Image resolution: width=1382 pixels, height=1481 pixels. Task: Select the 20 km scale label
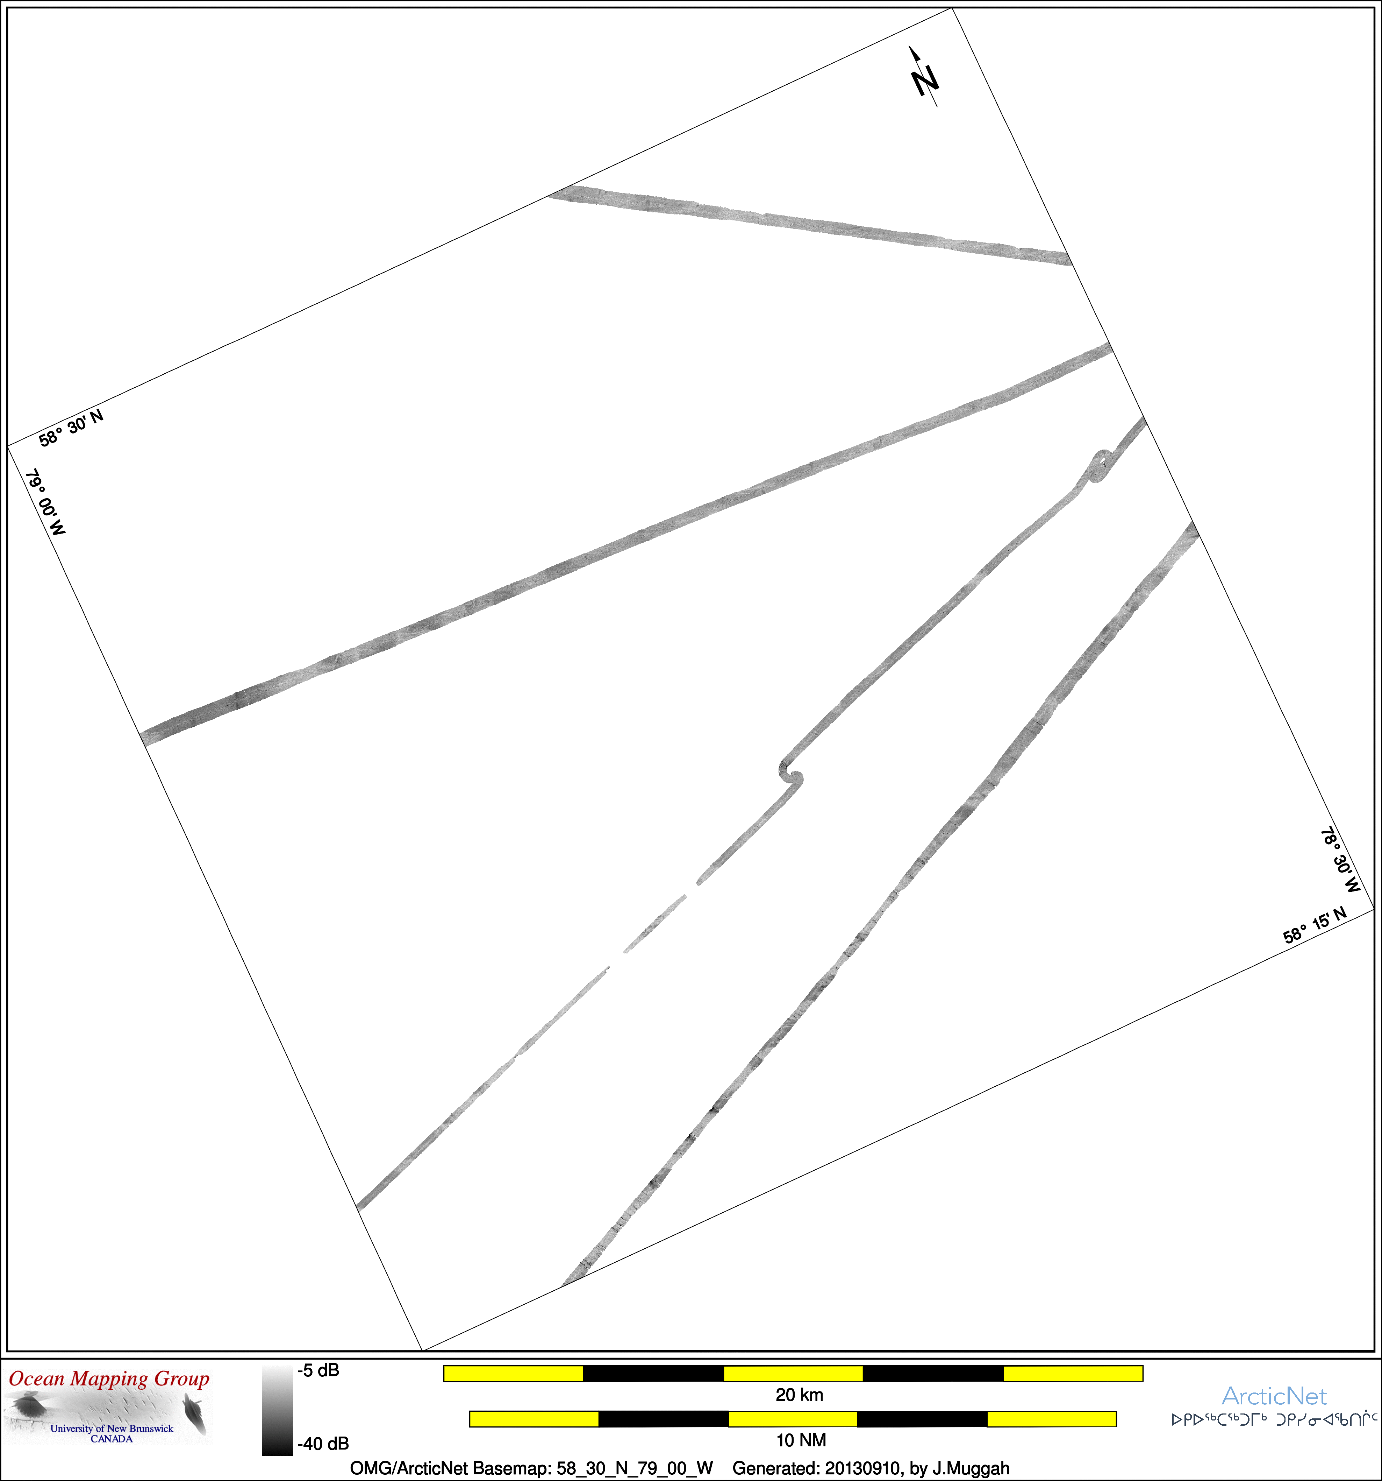(799, 1395)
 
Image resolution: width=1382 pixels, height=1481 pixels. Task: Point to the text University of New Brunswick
(112, 1428)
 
